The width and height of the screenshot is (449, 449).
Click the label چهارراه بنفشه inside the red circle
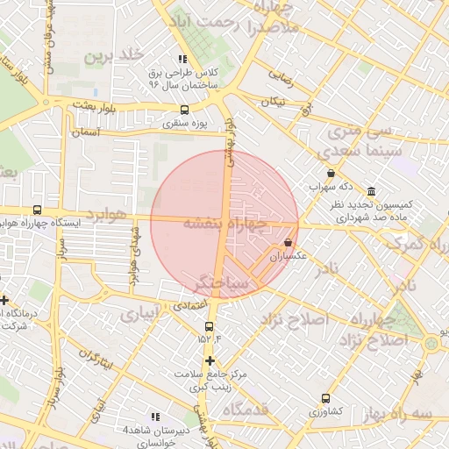(x=224, y=224)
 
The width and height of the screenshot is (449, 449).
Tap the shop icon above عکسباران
(x=289, y=242)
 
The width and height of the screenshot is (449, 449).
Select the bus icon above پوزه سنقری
(x=183, y=110)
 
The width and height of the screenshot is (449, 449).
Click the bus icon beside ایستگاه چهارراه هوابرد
(x=36, y=210)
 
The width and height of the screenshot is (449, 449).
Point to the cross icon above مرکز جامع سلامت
(x=209, y=360)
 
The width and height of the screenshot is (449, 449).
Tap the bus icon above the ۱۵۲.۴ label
(x=209, y=326)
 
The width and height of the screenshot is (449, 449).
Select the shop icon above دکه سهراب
(x=331, y=173)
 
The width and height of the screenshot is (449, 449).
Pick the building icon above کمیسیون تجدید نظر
(x=372, y=191)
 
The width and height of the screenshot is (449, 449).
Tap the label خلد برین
(x=112, y=56)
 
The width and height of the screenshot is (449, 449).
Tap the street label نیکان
(x=274, y=103)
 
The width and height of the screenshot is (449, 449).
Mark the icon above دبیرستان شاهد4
(x=155, y=417)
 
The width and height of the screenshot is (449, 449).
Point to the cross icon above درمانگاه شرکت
(x=4, y=300)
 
